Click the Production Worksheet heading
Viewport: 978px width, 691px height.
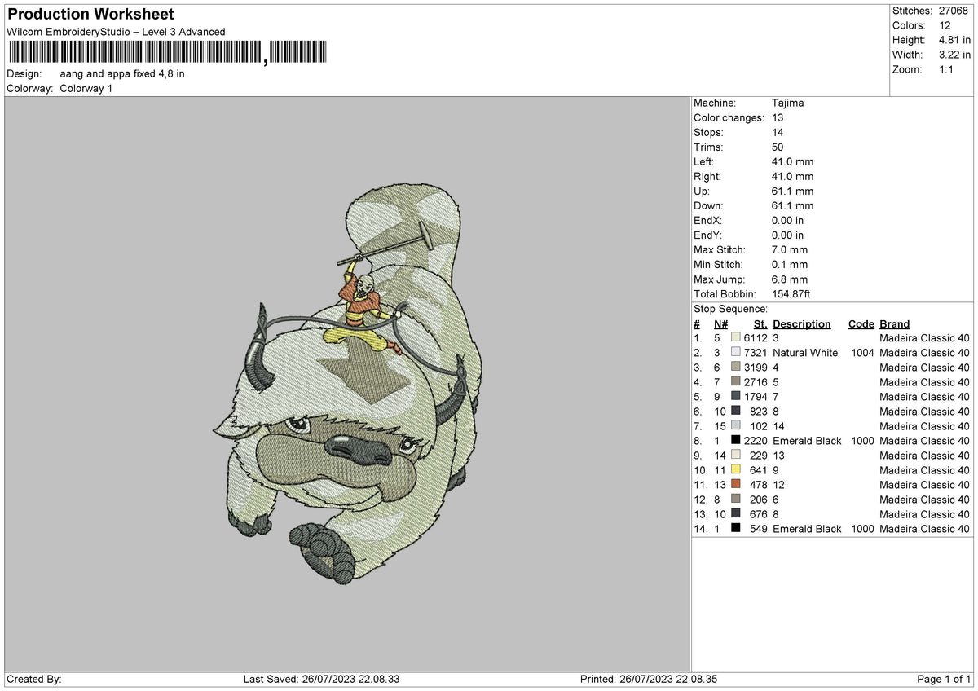(x=90, y=15)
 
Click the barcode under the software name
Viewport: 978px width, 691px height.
(x=167, y=53)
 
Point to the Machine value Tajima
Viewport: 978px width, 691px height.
(x=788, y=103)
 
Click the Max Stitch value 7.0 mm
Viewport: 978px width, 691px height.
(x=790, y=250)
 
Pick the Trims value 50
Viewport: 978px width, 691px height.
(x=778, y=147)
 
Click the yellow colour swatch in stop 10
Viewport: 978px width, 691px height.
(x=736, y=470)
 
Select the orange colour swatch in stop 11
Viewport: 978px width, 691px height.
(x=736, y=485)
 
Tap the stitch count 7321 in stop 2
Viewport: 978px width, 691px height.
(x=755, y=353)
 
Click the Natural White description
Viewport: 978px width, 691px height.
(x=805, y=353)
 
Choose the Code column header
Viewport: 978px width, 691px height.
(x=861, y=324)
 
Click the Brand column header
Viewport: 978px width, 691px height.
(x=894, y=324)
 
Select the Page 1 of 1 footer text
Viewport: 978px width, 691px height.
(x=944, y=680)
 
